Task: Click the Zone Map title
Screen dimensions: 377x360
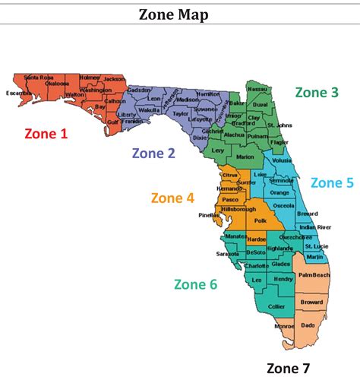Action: (179, 14)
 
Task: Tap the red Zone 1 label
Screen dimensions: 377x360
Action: (46, 134)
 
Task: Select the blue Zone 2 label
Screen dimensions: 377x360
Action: (153, 153)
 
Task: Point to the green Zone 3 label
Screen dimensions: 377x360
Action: (317, 92)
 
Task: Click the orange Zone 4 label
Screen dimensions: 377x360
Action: (172, 198)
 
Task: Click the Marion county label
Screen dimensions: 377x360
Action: (245, 157)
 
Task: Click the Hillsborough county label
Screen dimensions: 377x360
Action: (238, 208)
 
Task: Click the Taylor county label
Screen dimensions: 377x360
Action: (180, 113)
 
